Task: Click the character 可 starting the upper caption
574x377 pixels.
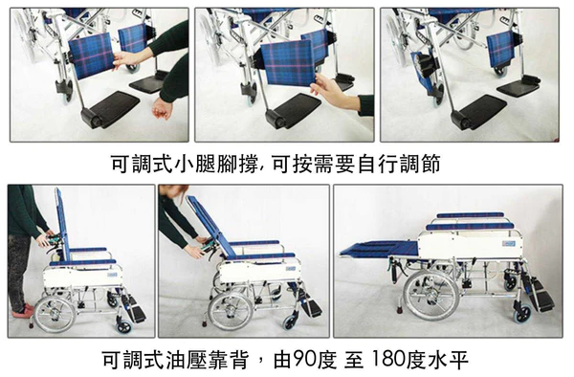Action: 121,164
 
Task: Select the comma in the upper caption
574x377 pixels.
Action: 263,169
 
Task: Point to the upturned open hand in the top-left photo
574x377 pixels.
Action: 162,107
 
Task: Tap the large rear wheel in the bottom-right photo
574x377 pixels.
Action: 430,295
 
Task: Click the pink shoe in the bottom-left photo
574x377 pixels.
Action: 23,311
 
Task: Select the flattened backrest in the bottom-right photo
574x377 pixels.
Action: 379,249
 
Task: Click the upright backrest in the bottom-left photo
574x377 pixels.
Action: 61,223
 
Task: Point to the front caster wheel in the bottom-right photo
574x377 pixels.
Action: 522,314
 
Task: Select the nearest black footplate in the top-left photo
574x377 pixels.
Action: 110,109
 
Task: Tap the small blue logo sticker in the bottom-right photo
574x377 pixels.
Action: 509,243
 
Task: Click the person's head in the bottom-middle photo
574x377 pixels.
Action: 172,191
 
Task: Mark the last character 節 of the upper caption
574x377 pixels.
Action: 430,164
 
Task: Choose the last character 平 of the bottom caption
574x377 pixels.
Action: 458,360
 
